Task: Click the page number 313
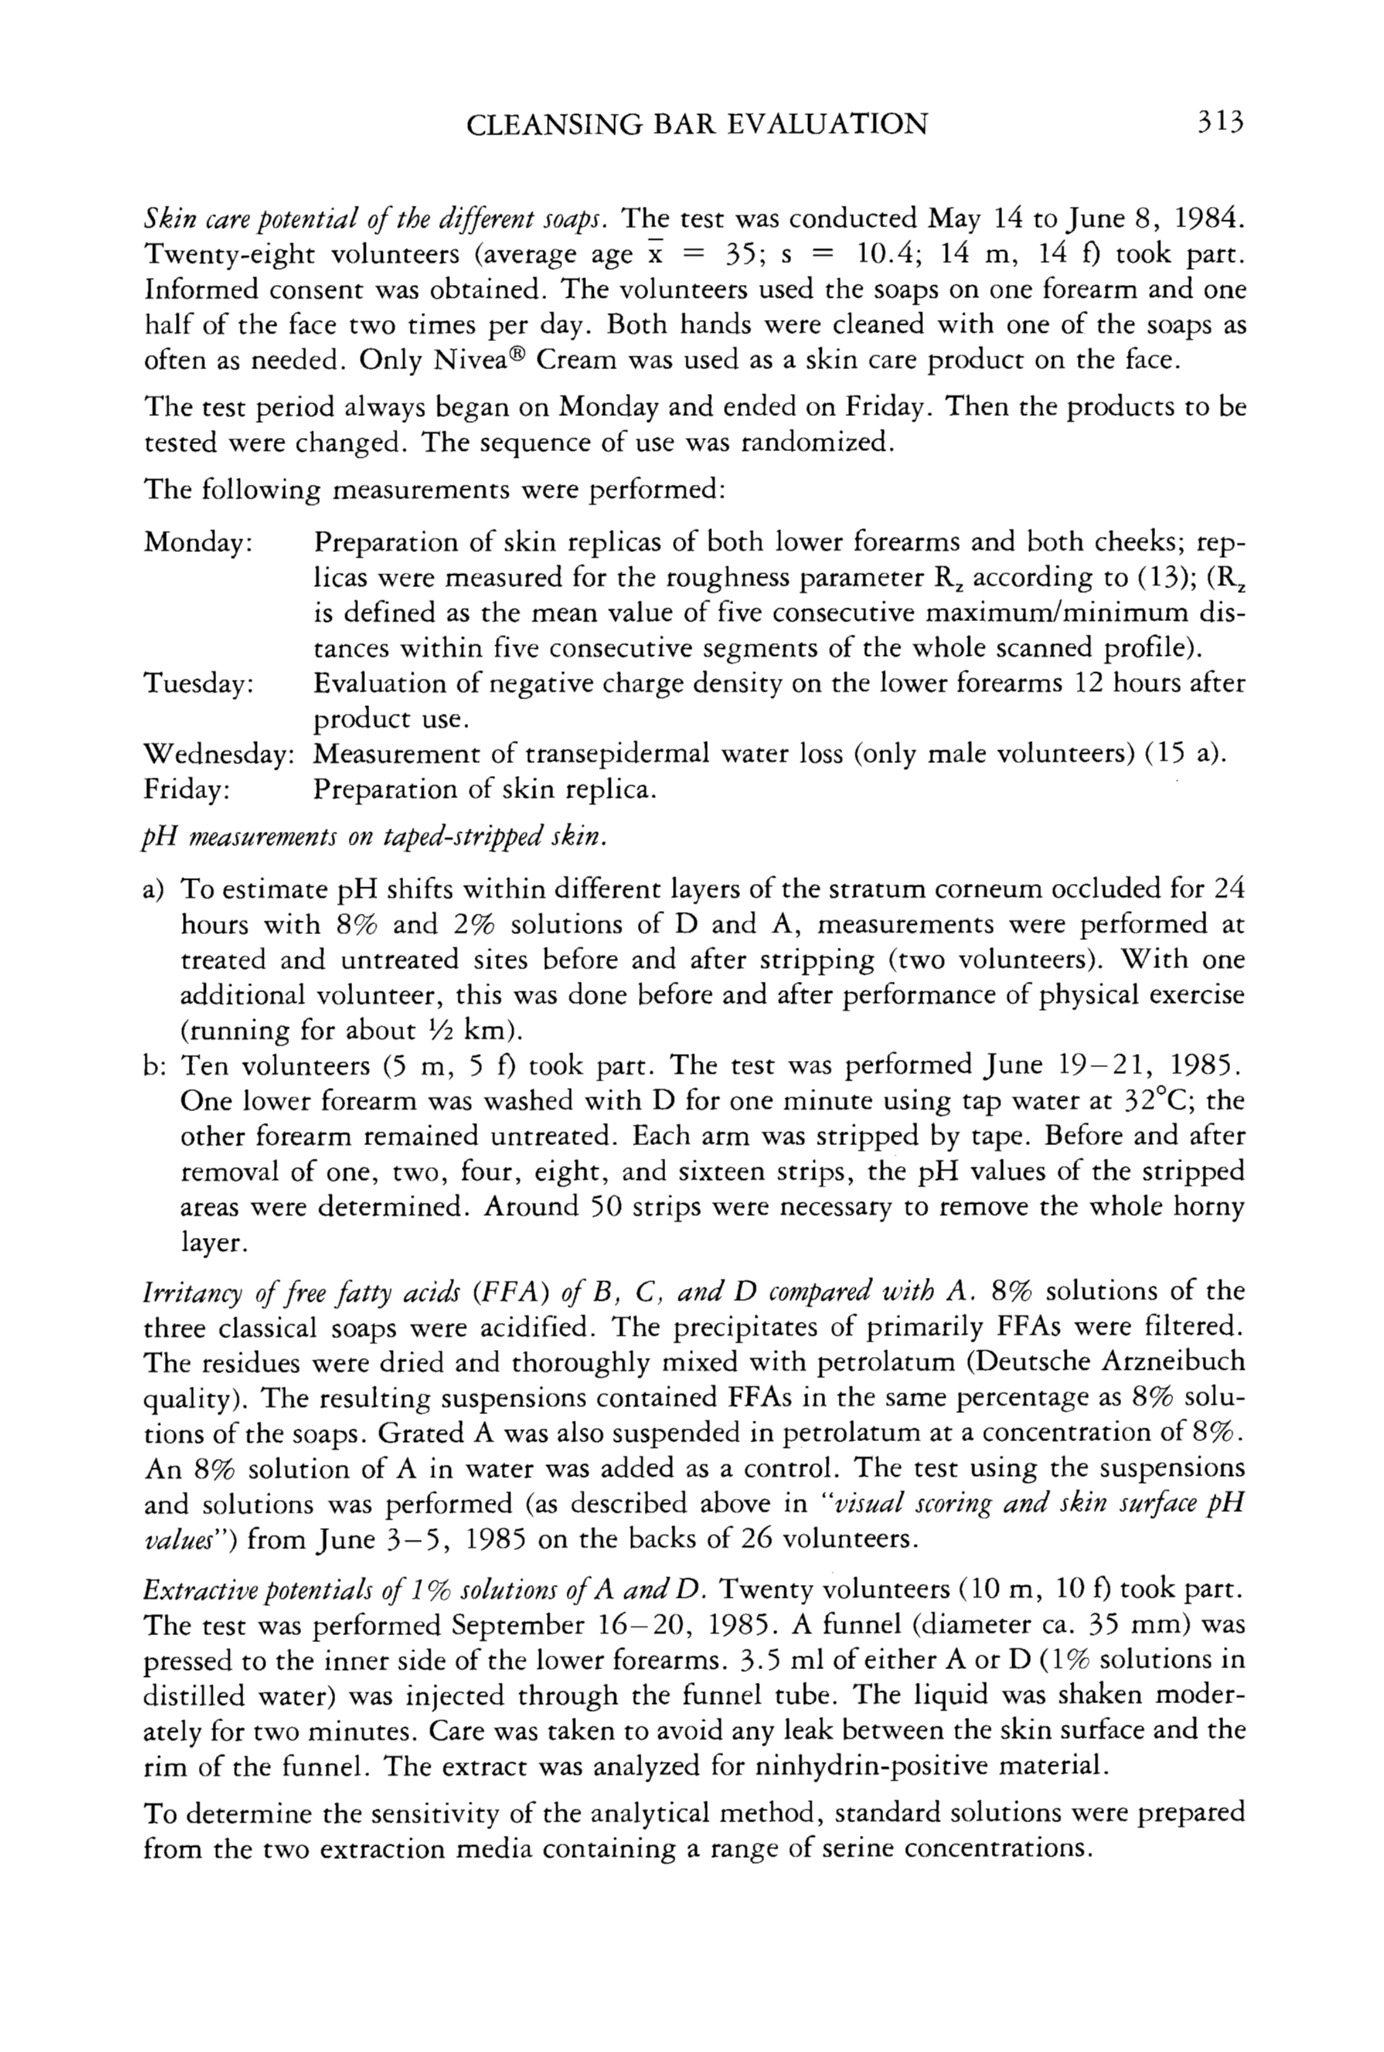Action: (1219, 122)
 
